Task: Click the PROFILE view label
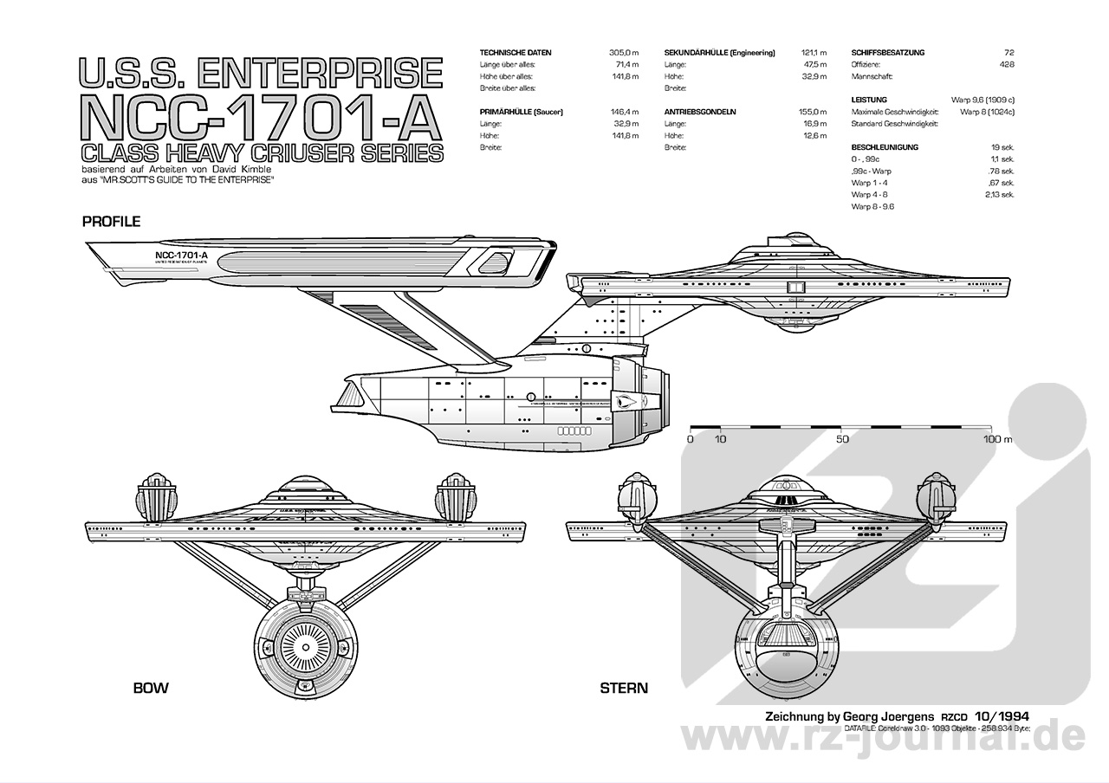111,222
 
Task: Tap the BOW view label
151,689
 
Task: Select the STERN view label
624,689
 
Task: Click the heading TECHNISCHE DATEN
516,53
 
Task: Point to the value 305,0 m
624,53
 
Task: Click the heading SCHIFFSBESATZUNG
888,53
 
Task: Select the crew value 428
1006,64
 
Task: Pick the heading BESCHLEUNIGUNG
885,147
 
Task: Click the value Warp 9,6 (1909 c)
983,100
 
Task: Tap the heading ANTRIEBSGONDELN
700,112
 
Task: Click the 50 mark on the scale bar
842,439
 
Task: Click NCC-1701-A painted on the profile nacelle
180,256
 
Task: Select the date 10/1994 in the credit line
1002,716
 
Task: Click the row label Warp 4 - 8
869,195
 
